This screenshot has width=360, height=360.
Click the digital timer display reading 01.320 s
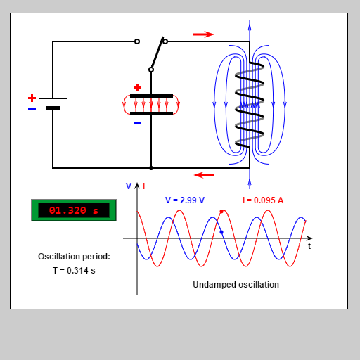pos(74,210)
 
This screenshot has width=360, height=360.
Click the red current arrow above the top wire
pos(203,34)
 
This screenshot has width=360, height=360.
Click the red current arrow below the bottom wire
pos(205,174)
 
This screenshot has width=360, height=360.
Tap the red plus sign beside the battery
pos(32,98)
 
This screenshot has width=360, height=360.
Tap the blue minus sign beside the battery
pos(32,109)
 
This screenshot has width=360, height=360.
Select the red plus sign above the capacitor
pos(137,87)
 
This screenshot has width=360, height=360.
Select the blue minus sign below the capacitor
pos(137,122)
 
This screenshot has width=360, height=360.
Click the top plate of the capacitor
pos(151,96)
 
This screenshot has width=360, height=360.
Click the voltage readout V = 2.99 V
pos(185,200)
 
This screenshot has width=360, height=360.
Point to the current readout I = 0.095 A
pos(263,200)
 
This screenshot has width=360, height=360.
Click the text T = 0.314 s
pos(74,270)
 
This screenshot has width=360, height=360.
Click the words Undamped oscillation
pos(236,285)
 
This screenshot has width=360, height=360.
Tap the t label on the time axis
pos(309,247)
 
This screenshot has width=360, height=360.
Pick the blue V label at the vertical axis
pos(129,186)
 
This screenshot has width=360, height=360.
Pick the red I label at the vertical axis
pos(144,186)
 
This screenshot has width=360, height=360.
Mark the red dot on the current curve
pos(221,211)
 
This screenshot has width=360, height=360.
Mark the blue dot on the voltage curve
pos(221,232)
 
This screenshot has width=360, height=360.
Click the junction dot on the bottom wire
pos(151,168)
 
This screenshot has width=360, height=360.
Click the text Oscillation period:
pos(74,257)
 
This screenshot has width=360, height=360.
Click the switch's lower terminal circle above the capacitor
pos(151,70)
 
